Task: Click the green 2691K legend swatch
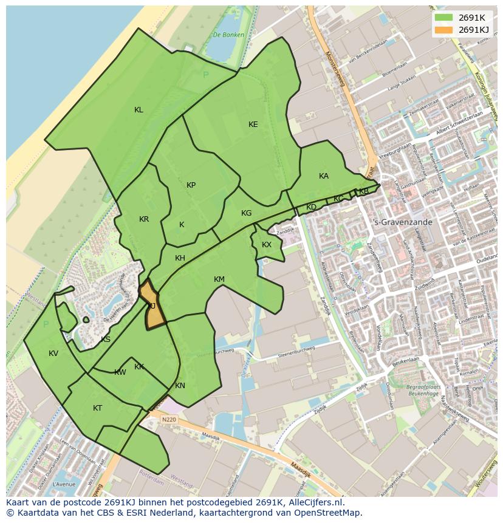point(444,18)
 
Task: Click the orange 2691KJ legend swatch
point(444,30)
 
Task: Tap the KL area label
point(139,110)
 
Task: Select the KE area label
point(253,125)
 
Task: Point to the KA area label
point(324,176)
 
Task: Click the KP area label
point(191,185)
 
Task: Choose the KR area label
point(144,219)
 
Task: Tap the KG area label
point(246,213)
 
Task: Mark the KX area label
point(267,245)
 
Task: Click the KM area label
point(219,279)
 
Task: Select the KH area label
point(180,258)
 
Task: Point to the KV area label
point(53,354)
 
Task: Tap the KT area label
point(98,408)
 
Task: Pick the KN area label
point(180,386)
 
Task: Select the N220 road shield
point(169,419)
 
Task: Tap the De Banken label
point(228,35)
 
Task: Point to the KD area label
point(312,207)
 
